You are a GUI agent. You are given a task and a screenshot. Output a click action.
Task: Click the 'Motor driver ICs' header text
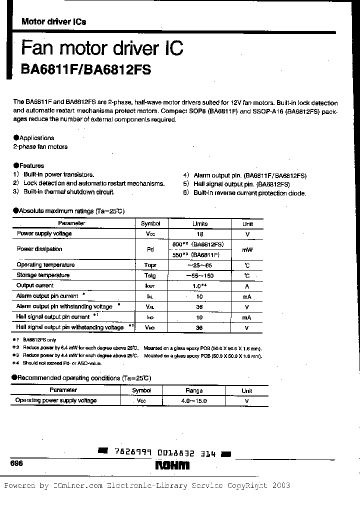[x=53, y=21]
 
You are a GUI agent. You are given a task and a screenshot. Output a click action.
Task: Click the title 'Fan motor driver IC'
[x=102, y=48]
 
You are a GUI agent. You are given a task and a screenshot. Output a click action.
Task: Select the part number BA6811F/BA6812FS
[x=85, y=70]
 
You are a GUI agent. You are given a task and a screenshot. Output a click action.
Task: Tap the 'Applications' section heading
[x=36, y=138]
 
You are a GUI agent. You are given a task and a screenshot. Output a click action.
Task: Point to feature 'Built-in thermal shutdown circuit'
[x=69, y=192]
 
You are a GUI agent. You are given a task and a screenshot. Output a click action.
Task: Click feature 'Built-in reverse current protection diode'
[x=249, y=193]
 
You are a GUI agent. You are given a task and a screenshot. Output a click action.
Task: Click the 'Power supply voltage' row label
[x=44, y=233]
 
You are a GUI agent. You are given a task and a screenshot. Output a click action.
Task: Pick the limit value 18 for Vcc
[x=200, y=234]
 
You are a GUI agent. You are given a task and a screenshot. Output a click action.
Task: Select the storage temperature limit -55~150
[x=200, y=275]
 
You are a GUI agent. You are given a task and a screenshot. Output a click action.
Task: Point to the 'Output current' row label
[x=35, y=285]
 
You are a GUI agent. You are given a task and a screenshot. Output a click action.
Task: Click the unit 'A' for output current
[x=247, y=286]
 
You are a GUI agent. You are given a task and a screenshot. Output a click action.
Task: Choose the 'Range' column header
[x=194, y=390]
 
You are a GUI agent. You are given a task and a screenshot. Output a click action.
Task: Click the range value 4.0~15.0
[x=194, y=401]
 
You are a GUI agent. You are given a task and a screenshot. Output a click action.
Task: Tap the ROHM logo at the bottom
[x=172, y=465]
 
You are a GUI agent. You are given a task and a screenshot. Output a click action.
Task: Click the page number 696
[x=16, y=463]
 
